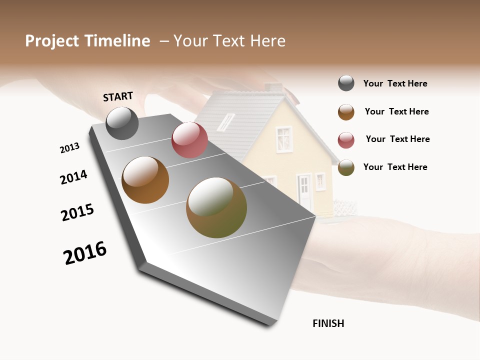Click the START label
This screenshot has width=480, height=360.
pyautogui.click(x=118, y=96)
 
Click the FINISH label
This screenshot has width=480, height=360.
pyautogui.click(x=328, y=323)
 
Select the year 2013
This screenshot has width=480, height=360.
pyautogui.click(x=69, y=148)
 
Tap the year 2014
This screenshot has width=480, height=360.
pyautogui.click(x=73, y=177)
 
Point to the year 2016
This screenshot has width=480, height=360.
pyautogui.click(x=85, y=252)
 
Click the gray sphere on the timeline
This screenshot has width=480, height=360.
pyautogui.click(x=122, y=123)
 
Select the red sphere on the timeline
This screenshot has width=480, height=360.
pyautogui.click(x=189, y=139)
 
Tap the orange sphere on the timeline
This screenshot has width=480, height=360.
pyautogui.click(x=145, y=180)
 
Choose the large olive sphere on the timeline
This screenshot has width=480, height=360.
pyautogui.click(x=216, y=207)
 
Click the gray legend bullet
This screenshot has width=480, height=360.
pyautogui.click(x=346, y=83)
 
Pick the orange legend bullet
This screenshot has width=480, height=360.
pyautogui.click(x=346, y=112)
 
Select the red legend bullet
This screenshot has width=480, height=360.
pyautogui.click(x=346, y=140)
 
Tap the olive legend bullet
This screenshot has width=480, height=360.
pyautogui.click(x=346, y=167)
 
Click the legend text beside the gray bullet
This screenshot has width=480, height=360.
pyautogui.click(x=395, y=84)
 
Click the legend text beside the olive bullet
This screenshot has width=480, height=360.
pyautogui.click(x=395, y=167)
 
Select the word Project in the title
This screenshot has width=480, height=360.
pyautogui.click(x=52, y=41)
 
